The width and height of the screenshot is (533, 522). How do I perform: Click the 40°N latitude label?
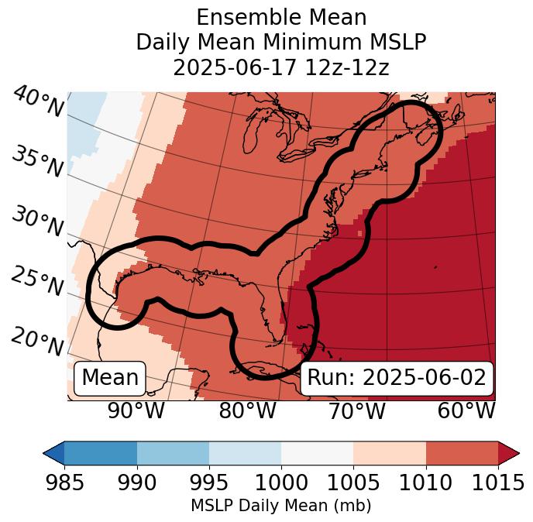[x=38, y=103]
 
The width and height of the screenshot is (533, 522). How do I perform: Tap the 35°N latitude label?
[x=37, y=162]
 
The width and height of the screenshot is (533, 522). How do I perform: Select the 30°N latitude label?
[x=37, y=222]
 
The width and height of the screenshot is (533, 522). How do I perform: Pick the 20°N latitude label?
[x=37, y=342]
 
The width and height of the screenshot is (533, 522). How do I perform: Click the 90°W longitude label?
[x=136, y=410]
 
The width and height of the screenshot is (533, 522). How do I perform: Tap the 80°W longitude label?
[x=247, y=410]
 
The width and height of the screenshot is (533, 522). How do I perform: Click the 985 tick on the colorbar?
[x=64, y=483]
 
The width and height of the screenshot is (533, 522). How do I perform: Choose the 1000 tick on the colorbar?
[x=281, y=483]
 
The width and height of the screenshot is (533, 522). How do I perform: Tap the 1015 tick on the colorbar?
[x=497, y=483]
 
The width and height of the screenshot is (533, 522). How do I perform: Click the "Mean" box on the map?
[x=110, y=378]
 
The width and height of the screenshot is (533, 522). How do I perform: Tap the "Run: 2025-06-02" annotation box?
[x=397, y=378]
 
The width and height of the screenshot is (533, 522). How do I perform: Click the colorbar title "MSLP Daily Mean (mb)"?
[x=280, y=507]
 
